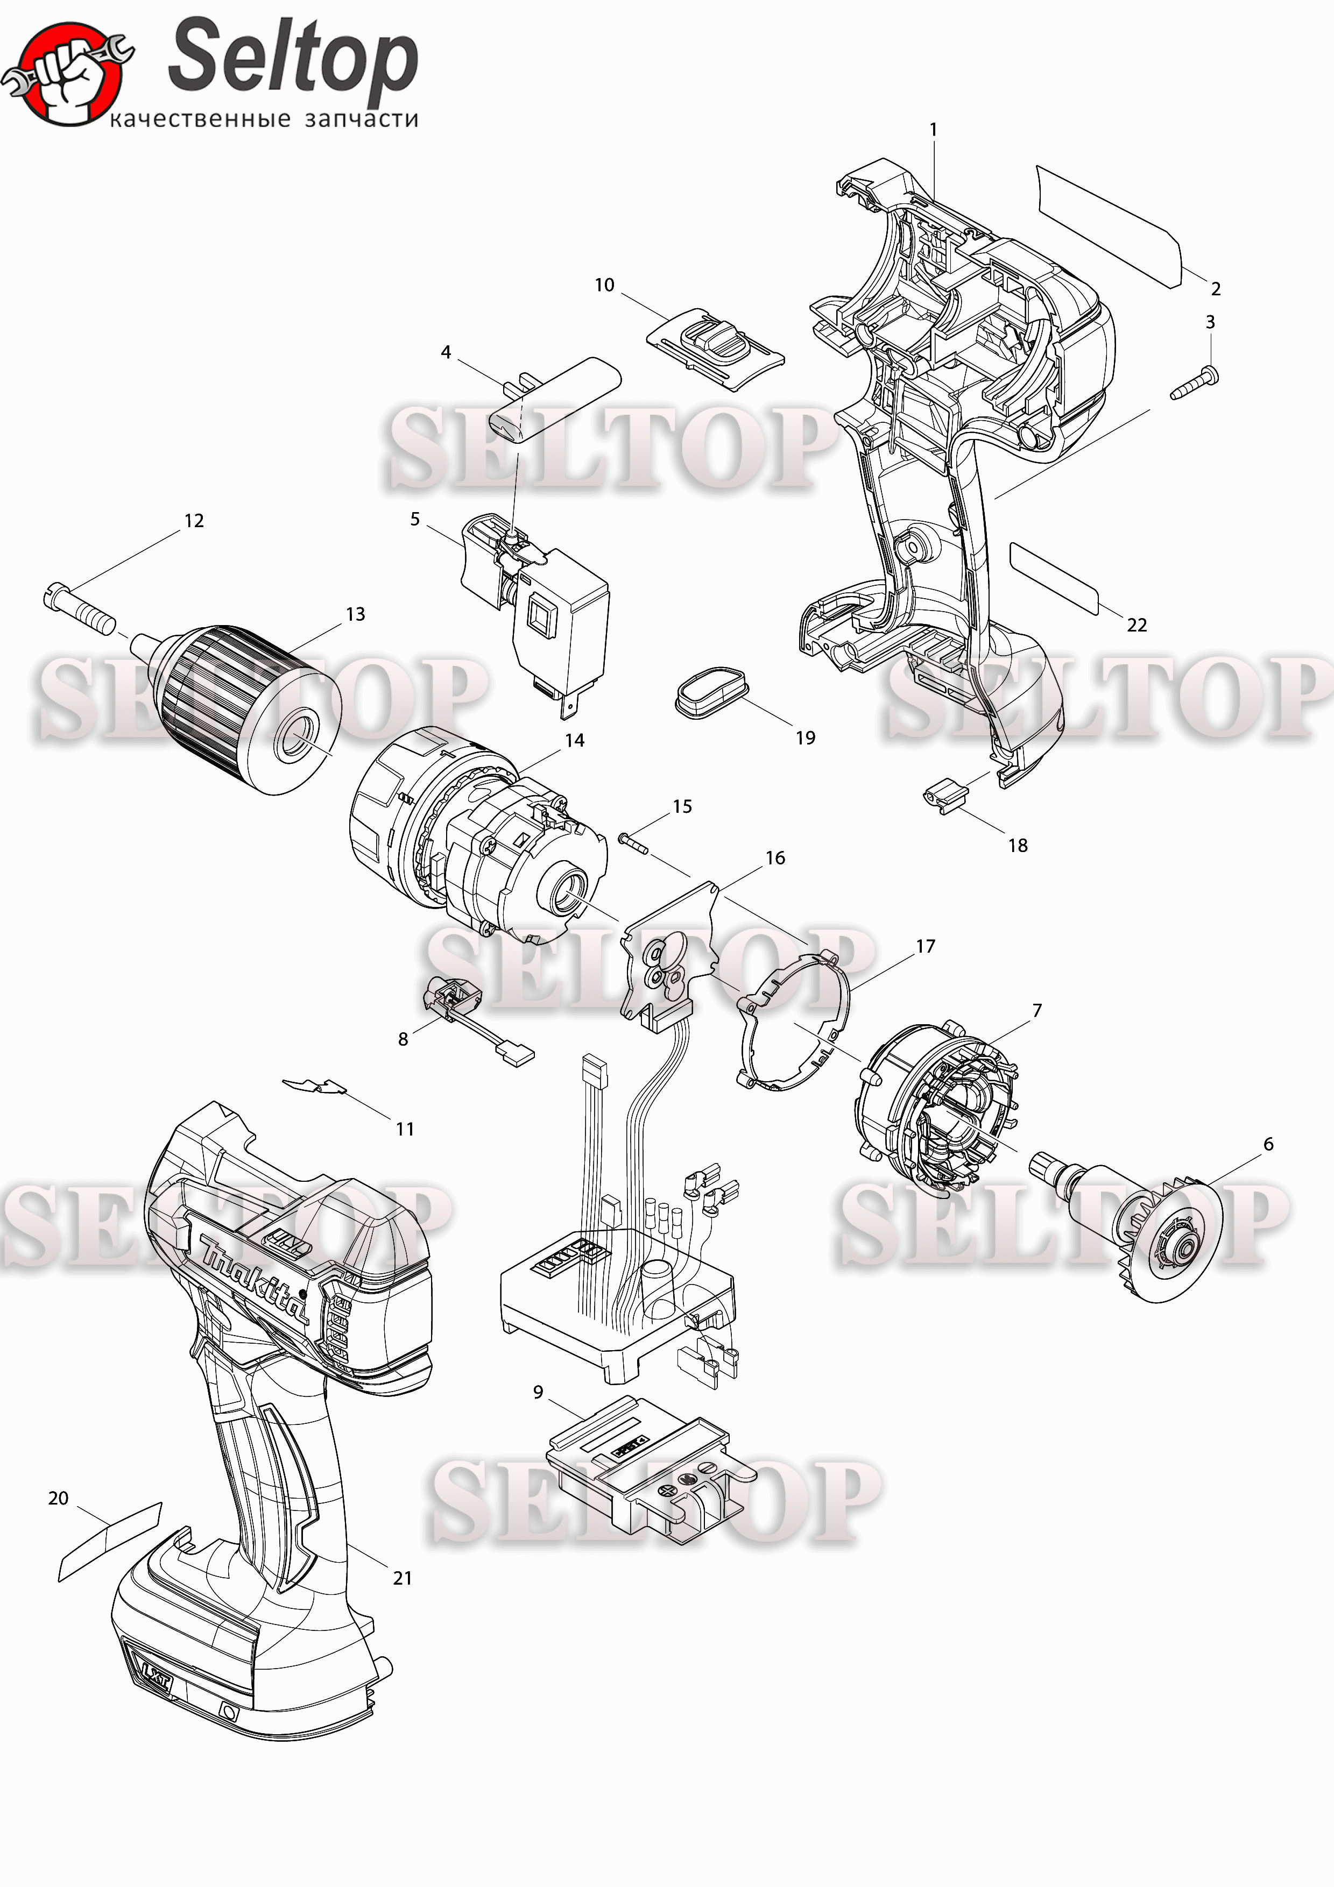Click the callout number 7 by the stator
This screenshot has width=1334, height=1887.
click(1037, 1010)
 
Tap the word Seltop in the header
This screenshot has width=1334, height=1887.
click(293, 58)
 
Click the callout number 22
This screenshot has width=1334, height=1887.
click(1137, 626)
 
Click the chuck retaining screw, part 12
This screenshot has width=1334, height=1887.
click(80, 607)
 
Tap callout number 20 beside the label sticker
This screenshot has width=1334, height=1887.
click(58, 1498)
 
